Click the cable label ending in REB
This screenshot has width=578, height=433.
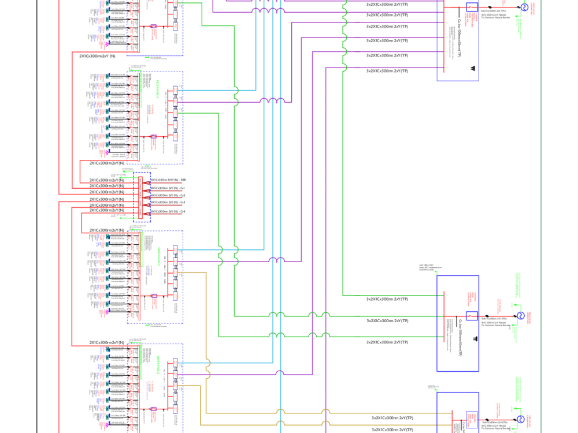(x=168, y=181)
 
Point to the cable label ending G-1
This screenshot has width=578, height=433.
(x=168, y=188)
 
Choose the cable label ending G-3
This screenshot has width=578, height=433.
(x=168, y=203)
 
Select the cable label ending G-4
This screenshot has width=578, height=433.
(x=168, y=212)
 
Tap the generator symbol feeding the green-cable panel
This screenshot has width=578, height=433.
(x=520, y=315)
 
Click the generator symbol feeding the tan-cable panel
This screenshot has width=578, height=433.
(x=520, y=419)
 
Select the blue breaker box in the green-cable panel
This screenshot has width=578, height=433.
(x=471, y=315)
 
